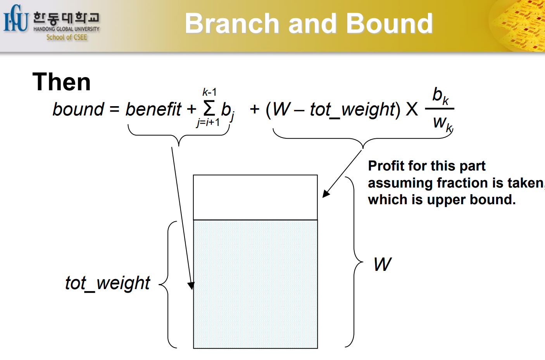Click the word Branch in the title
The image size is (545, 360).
[231, 24]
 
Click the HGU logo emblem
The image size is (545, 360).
[16, 19]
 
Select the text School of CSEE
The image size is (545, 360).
[67, 38]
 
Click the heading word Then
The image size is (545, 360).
[62, 82]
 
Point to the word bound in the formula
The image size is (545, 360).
[78, 109]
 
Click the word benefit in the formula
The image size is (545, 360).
[153, 109]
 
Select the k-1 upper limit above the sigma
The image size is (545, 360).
[209, 92]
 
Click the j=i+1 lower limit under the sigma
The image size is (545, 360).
[208, 122]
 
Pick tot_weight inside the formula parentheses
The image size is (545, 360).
[352, 110]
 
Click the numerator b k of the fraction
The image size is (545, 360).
[440, 95]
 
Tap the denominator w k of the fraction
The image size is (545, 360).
[442, 123]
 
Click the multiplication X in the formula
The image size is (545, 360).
[412, 109]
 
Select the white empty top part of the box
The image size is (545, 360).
[255, 197]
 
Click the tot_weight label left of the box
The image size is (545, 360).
[107, 283]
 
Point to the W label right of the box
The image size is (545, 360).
[382, 265]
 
